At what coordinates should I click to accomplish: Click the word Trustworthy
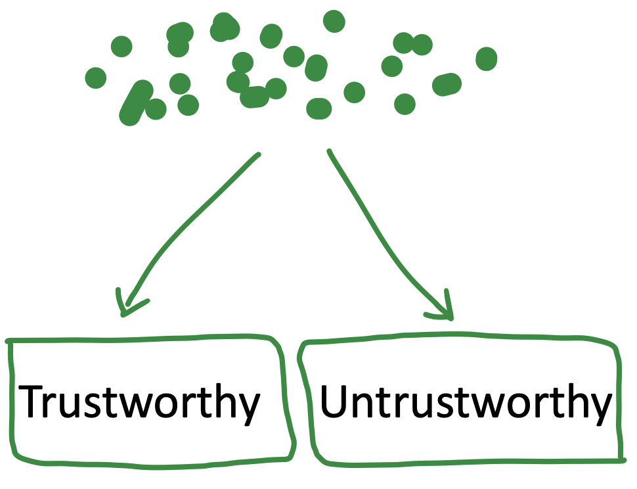point(140,402)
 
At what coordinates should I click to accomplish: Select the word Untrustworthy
point(465,402)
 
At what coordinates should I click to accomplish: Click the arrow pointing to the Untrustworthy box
point(387,230)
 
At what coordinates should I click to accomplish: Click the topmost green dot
point(334,21)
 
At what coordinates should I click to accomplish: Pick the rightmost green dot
point(486,58)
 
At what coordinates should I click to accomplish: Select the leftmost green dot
point(95,78)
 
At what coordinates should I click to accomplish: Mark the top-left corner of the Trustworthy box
point(9,342)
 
